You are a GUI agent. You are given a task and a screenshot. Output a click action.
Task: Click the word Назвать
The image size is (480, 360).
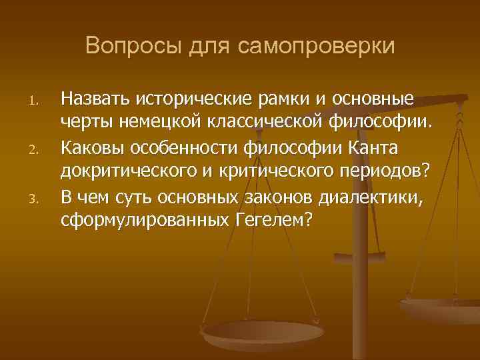click(x=95, y=99)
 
